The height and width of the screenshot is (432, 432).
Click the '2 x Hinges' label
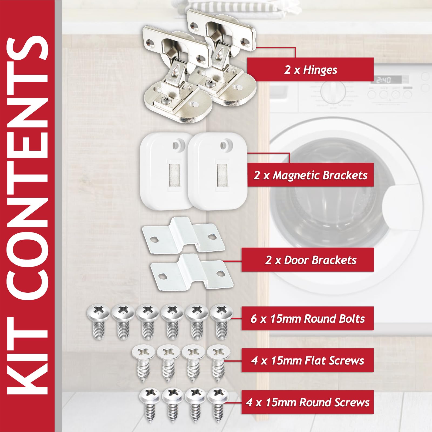310,70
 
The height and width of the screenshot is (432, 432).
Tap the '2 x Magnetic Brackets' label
310,175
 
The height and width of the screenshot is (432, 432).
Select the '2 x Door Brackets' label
310,260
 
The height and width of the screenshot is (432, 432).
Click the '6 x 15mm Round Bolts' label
308,319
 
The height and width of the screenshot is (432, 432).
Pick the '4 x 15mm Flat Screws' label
308,360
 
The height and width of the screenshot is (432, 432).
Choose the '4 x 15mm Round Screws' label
308,402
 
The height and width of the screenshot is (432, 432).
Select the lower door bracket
192,273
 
